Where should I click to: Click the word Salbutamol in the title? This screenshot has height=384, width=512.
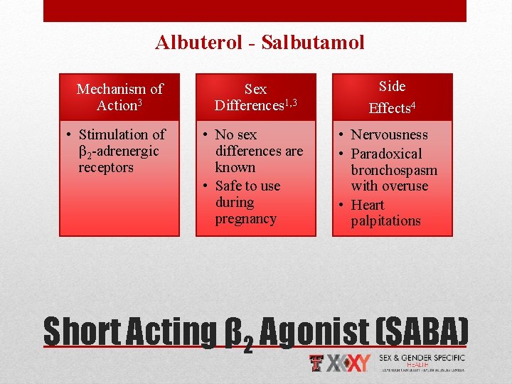pyautogui.click(x=313, y=43)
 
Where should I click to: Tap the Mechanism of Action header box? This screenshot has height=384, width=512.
pyautogui.click(x=119, y=97)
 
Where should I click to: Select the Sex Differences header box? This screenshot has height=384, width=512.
pyautogui.click(x=256, y=97)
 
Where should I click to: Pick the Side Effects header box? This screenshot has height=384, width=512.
pyautogui.click(x=392, y=97)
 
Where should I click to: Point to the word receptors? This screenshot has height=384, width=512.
pyautogui.click(x=106, y=168)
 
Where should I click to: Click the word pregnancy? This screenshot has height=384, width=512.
pyautogui.click(x=246, y=219)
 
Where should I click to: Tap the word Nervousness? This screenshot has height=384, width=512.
pyautogui.click(x=390, y=135)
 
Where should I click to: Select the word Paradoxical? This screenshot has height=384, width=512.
pyautogui.click(x=386, y=154)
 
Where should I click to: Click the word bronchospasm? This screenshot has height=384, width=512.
pyautogui.click(x=394, y=171)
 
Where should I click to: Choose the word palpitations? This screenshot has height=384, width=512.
pyautogui.click(x=385, y=221)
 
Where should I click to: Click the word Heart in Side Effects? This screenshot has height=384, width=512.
pyautogui.click(x=367, y=205)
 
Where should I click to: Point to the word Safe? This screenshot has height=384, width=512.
pyautogui.click(x=229, y=186)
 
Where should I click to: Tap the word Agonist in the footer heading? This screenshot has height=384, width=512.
pyautogui.click(x=311, y=331)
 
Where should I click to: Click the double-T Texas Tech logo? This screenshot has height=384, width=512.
pyautogui.click(x=318, y=363)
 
